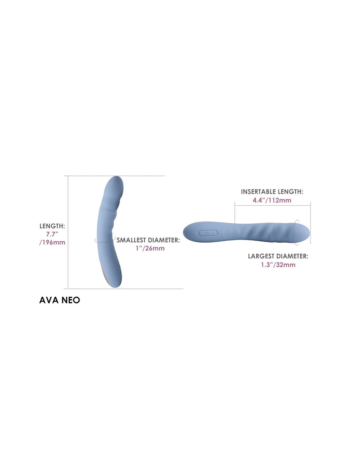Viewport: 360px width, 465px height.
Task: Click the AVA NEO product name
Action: pyautogui.click(x=60, y=300)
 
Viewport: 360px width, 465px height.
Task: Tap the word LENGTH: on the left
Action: pyautogui.click(x=52, y=226)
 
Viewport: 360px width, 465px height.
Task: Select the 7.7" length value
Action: pyautogui.click(x=52, y=234)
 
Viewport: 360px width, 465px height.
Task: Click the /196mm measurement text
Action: pyautogui.click(x=52, y=242)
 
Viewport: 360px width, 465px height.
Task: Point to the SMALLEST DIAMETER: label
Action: pyautogui.click(x=148, y=240)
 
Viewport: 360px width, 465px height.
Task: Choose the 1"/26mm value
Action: pyautogui.click(x=150, y=249)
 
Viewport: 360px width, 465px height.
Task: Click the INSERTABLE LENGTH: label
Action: pyautogui.click(x=272, y=192)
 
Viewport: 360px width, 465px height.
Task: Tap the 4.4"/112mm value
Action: pyautogui.click(x=272, y=200)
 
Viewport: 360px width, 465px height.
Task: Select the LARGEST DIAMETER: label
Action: pyautogui.click(x=278, y=256)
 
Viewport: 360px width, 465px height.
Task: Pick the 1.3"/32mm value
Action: pyautogui.click(x=278, y=265)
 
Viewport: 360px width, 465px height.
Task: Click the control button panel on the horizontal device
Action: pyautogui.click(x=208, y=233)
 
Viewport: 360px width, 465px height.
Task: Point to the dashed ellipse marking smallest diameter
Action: pyautogui.click(x=105, y=242)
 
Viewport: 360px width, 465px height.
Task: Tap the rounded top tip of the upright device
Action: pyautogui.click(x=116, y=177)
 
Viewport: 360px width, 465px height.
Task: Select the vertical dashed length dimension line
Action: pyautogui.click(x=68, y=232)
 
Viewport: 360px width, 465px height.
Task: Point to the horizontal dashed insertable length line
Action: pyautogui.click(x=272, y=205)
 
